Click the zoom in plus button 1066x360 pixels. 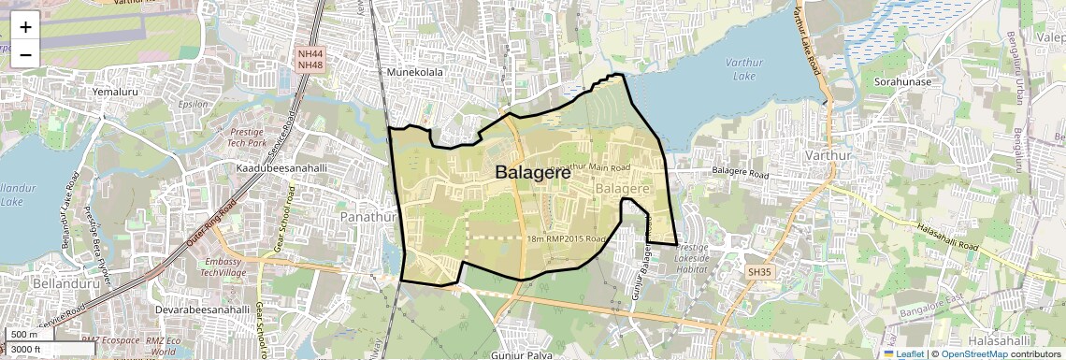[x=25, y=26]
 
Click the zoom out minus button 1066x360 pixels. [x=25, y=54]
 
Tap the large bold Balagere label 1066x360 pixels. [x=532, y=172]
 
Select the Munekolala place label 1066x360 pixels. [x=414, y=71]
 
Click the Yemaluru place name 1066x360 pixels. [x=116, y=93]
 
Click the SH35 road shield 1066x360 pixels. [x=758, y=271]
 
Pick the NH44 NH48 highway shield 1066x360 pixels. [x=310, y=60]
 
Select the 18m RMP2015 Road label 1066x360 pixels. [x=567, y=239]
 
